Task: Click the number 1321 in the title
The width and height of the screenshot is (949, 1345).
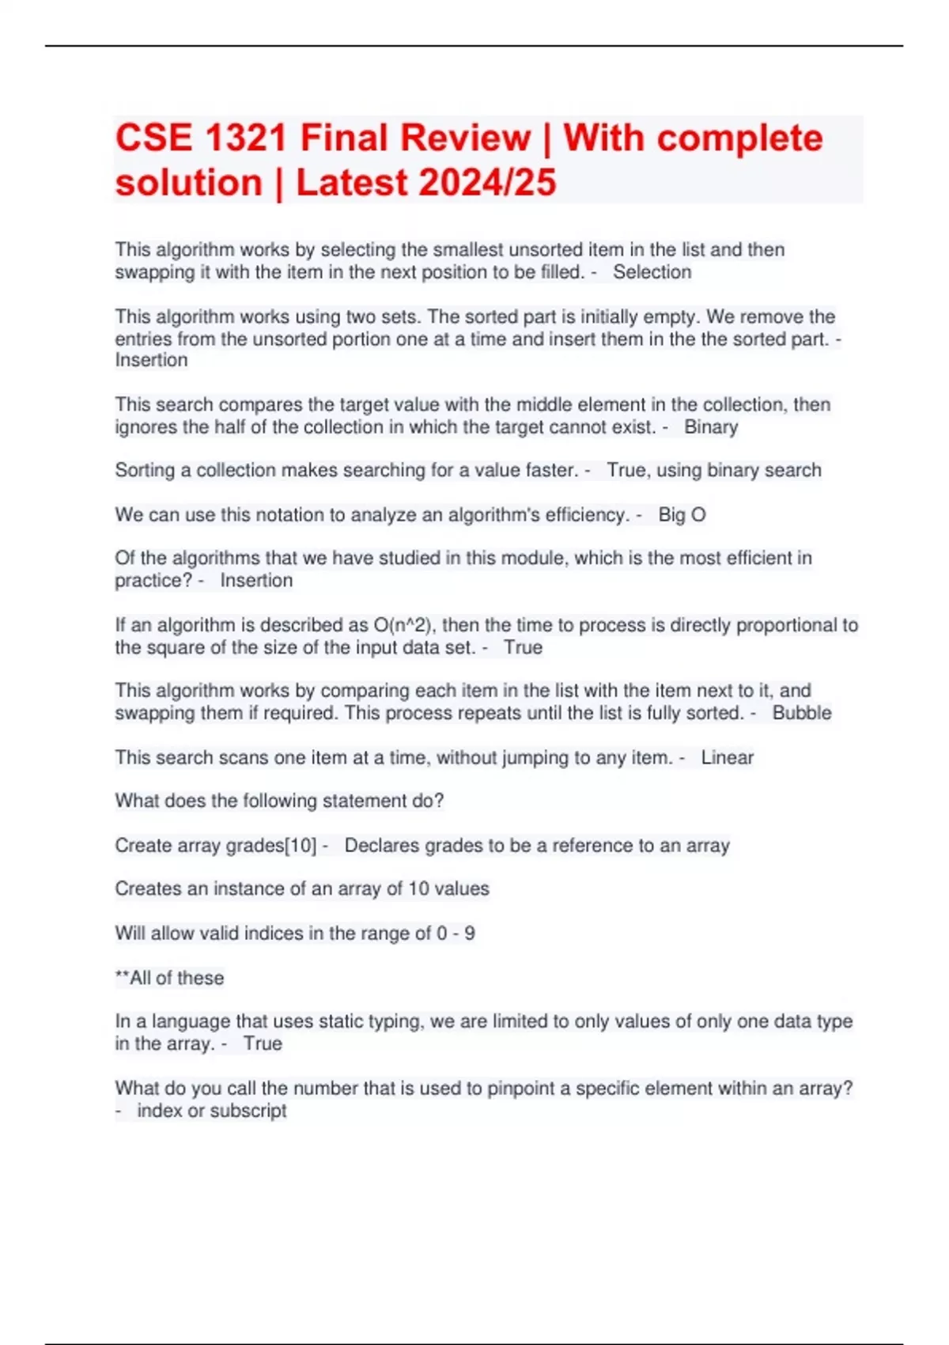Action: point(245,138)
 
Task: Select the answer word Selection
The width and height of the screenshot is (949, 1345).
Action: point(652,272)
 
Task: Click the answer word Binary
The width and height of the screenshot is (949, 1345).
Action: point(711,427)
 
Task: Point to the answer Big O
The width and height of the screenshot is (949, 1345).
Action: point(682,515)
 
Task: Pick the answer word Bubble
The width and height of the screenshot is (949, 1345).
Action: point(802,713)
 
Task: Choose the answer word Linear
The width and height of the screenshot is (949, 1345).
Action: point(728,758)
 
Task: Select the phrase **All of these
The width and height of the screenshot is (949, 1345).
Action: point(170,978)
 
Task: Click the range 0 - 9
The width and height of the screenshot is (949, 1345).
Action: point(456,934)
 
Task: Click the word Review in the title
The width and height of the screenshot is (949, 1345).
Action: point(465,138)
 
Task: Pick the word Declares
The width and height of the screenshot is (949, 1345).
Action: point(381,846)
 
